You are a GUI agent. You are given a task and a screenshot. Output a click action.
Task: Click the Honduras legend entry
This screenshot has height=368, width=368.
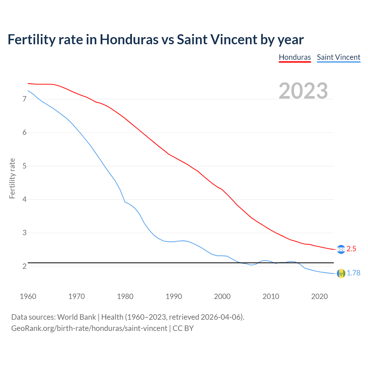point(295,57)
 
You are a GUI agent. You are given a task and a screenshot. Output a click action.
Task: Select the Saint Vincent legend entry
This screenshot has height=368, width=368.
point(338,57)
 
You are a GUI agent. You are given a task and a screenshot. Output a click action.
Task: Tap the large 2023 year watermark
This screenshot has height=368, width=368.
point(303,91)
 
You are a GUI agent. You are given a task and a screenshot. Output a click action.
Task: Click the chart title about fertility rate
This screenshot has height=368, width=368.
point(155,39)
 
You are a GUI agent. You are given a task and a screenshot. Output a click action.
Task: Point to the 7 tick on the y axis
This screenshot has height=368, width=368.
point(24,99)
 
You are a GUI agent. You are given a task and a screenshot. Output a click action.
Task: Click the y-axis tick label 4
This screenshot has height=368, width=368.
point(24,199)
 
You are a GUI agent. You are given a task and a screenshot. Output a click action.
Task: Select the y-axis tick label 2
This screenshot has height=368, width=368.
point(24,266)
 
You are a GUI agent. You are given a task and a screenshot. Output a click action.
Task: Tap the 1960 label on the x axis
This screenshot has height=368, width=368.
point(28,296)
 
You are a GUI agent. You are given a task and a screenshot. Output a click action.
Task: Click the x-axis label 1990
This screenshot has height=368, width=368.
point(174,296)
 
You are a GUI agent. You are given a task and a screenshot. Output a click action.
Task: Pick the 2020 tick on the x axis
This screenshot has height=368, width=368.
point(319,296)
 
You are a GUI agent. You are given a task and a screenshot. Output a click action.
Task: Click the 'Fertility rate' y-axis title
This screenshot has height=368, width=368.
point(12,178)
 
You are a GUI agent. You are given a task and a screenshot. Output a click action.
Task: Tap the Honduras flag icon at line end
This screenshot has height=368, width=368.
point(341,249)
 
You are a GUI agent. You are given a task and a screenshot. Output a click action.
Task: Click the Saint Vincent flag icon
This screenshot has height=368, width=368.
point(341,273)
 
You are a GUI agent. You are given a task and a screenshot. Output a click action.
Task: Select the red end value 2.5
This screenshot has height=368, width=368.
point(351,249)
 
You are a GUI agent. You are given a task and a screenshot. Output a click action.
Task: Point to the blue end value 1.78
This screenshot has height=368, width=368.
point(353,273)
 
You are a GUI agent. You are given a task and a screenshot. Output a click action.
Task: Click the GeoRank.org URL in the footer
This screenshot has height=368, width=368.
point(89,328)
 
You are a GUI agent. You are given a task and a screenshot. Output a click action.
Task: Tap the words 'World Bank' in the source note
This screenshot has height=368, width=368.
point(76,317)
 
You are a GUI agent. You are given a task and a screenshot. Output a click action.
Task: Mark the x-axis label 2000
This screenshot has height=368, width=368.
point(222,296)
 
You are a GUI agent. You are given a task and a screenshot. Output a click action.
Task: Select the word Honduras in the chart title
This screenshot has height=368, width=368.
point(129,39)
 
